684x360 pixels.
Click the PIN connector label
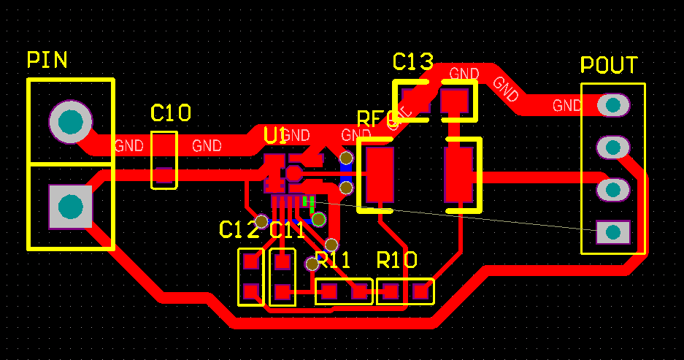pos(47,60)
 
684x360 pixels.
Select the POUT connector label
pos(609,65)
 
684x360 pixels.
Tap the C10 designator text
pos(171,113)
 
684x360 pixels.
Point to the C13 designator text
pos(412,61)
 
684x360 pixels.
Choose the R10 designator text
pos(396,260)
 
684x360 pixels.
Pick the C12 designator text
pos(239,230)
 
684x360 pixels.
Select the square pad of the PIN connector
pos(71,207)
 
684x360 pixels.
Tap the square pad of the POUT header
pos(612,232)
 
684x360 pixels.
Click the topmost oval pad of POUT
pos(612,105)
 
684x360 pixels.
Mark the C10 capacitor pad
pos(164,175)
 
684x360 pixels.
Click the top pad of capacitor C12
pos(251,261)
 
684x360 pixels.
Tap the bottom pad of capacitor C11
pos(283,294)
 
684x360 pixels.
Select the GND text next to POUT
pos(567,105)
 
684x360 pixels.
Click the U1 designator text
pos(275,135)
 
